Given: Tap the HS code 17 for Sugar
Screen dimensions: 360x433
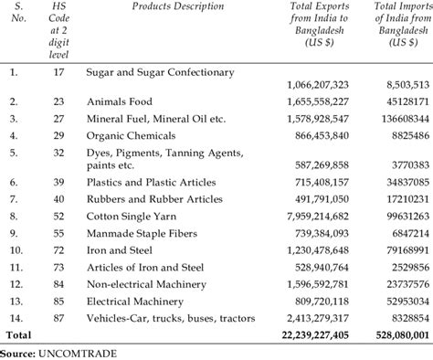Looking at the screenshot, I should point(58,70).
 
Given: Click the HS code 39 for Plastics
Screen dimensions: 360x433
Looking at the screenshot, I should point(58,184).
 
